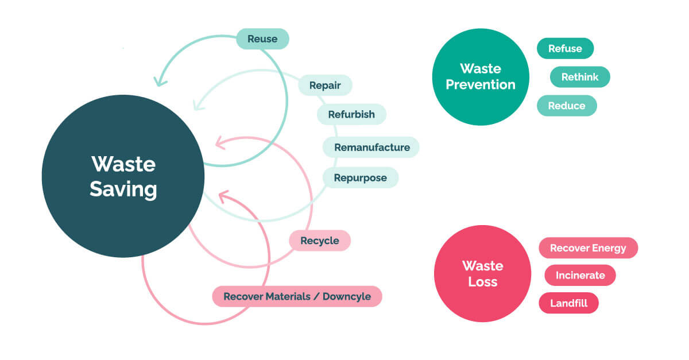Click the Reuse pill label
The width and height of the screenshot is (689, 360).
coord(262,39)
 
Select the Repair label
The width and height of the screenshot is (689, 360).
coord(325,86)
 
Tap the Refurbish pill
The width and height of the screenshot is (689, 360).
coord(351,114)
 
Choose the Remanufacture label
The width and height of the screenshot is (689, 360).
coord(371,147)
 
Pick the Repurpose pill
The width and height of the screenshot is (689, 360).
coord(360,177)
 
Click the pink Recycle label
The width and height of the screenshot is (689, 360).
coord(319,241)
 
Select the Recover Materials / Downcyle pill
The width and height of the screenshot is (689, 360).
coord(297,297)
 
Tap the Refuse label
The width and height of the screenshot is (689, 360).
coord(565,48)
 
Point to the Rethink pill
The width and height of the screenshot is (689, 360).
coord(580,76)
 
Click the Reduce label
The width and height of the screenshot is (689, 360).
coord(567,106)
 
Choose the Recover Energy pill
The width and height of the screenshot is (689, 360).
coord(588,248)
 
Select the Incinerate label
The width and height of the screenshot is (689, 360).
coord(580,275)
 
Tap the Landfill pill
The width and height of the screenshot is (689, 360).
coord(568,303)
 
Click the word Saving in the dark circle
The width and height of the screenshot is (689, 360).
coord(123,189)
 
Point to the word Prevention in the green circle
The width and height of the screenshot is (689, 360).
coord(481,85)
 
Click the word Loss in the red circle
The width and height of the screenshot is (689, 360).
coord(482,282)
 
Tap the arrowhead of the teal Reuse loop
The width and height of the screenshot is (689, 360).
coord(159,81)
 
